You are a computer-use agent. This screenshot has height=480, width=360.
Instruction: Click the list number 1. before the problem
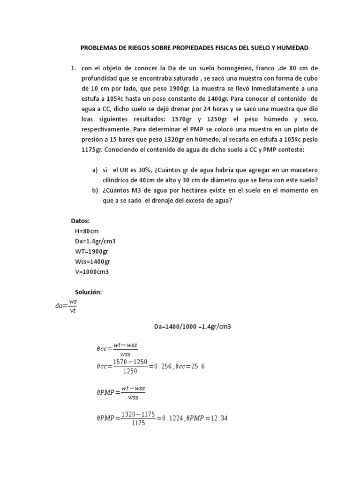(x=74, y=68)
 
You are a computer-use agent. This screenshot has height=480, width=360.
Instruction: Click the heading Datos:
(x=80, y=221)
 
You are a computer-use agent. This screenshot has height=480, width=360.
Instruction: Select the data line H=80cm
(x=87, y=231)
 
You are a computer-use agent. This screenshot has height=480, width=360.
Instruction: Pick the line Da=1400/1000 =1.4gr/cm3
(x=192, y=326)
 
